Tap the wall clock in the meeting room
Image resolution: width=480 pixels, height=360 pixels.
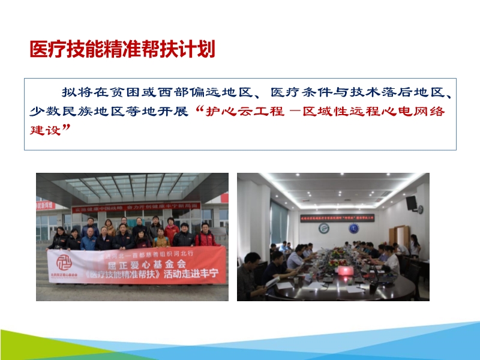pyautogui.click(x=421, y=209)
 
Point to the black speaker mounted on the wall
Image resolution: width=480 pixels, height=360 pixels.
pyautogui.click(x=412, y=203)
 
